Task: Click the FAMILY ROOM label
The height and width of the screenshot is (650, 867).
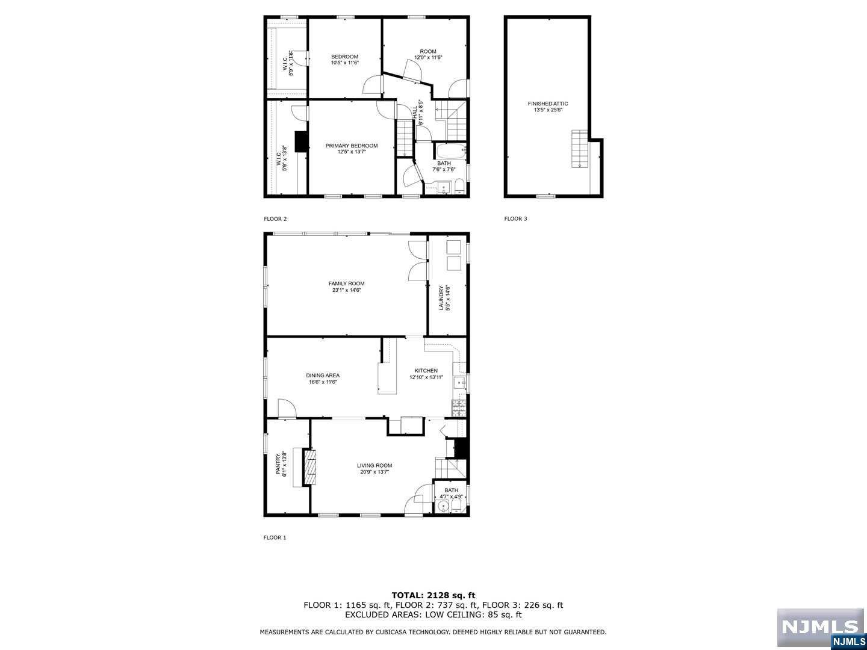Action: [x=346, y=283]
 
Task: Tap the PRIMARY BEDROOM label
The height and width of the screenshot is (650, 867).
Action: [x=352, y=146]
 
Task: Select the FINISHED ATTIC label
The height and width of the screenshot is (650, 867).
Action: [x=548, y=104]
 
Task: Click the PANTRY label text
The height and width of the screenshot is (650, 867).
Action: [x=278, y=463]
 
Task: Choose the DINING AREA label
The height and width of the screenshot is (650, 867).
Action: [x=323, y=376]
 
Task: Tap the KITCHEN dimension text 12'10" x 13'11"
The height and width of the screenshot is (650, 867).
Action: [x=426, y=377]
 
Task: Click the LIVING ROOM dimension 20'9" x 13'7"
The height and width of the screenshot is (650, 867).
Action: [x=374, y=472]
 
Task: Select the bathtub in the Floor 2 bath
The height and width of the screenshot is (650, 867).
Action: [x=451, y=150]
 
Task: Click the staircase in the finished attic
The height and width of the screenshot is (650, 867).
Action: [x=579, y=149]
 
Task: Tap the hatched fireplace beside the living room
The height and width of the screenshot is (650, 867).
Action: [x=309, y=467]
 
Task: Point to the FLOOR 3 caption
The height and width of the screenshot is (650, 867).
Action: [x=515, y=218]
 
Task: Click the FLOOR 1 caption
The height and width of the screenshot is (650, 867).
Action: [x=275, y=537]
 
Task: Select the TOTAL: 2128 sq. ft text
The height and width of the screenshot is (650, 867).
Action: [x=433, y=595]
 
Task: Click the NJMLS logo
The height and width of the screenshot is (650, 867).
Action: [x=821, y=628]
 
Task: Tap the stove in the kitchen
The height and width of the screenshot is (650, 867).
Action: [x=459, y=408]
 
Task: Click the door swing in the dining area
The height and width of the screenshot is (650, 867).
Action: [x=287, y=408]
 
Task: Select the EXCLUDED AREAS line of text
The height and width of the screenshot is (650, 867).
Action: [x=433, y=614]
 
